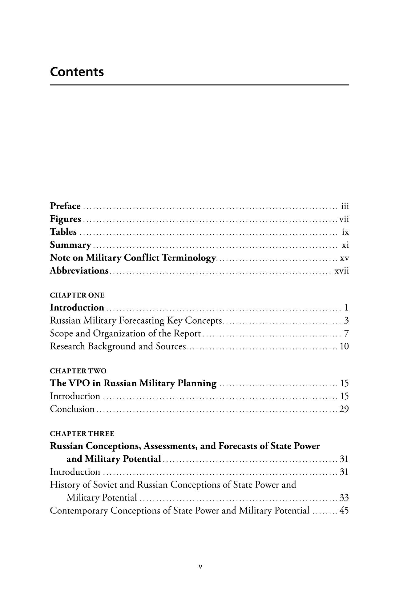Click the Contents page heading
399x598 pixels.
click(x=77, y=72)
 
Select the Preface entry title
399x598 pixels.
click(x=66, y=206)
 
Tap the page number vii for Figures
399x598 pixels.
click(x=344, y=219)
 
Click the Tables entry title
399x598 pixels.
click(x=63, y=232)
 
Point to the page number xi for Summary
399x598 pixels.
click(x=345, y=245)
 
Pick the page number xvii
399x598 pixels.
click(x=342, y=272)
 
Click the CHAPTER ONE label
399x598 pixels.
click(x=77, y=296)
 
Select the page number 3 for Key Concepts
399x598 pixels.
click(x=346, y=321)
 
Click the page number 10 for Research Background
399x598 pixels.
click(x=344, y=347)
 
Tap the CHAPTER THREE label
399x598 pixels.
click(x=82, y=434)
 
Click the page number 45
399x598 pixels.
click(x=344, y=511)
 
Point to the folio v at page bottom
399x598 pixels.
click(x=200, y=566)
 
